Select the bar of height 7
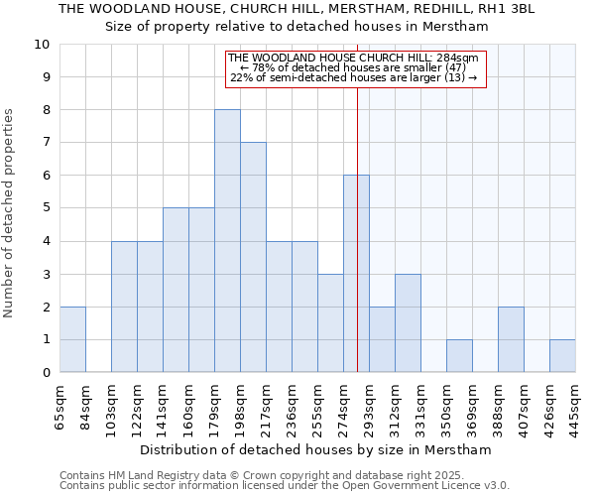253,258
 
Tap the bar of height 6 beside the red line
356,274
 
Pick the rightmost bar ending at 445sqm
562,356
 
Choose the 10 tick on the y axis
42,45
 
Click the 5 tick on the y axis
46,208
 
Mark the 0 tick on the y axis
46,373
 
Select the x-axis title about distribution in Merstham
315,449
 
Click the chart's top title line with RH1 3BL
297,9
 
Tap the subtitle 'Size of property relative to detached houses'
297,27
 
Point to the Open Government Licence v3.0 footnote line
284,485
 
